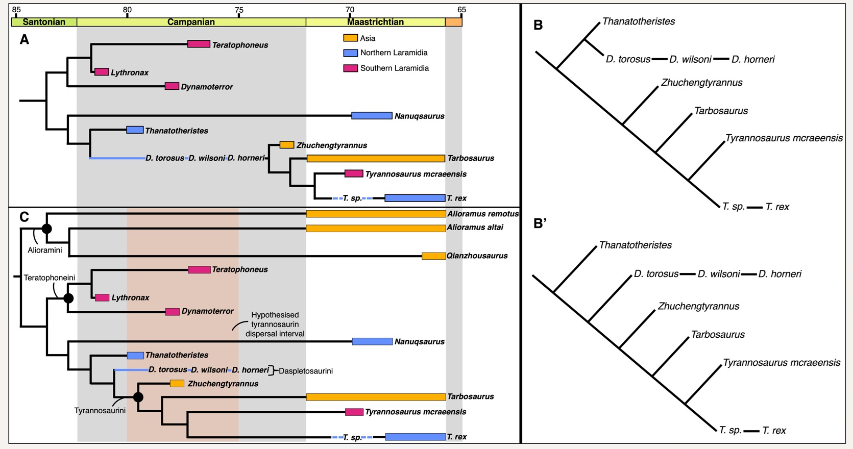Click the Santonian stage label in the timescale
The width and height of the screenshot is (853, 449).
44,22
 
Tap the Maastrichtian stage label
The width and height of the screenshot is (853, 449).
375,22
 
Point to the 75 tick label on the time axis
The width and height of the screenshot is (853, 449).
239,10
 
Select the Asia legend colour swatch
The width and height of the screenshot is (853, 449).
350,38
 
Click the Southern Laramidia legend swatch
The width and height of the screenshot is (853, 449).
350,68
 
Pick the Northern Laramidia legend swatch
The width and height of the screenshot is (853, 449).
350,53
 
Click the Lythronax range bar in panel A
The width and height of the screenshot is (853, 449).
102,72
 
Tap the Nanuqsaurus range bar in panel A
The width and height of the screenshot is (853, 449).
372,116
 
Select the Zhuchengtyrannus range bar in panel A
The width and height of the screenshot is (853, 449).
287,145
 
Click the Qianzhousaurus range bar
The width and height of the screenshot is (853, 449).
433,256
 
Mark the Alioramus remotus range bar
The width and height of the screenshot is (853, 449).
376,214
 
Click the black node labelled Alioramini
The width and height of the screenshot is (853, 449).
46,229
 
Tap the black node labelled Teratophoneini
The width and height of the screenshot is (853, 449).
68,298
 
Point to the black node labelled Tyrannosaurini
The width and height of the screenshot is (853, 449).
138,396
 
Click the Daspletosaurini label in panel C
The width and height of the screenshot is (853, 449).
305,371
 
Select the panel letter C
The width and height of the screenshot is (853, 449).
24,217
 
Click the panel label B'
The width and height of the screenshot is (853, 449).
540,223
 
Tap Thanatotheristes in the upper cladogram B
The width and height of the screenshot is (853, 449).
638,21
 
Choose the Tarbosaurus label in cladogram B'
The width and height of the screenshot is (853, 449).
717,335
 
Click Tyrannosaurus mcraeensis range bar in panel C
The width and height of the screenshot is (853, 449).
354,412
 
